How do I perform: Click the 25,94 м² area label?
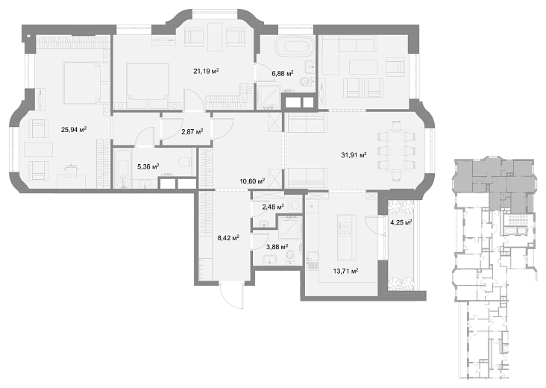point(74,130)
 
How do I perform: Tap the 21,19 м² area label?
point(206,72)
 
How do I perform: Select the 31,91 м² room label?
point(354,155)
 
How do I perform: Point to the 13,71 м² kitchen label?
point(346,271)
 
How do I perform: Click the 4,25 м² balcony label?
point(401,222)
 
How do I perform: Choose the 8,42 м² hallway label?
point(228,238)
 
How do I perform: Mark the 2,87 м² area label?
point(192,131)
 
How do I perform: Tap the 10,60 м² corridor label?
point(252,181)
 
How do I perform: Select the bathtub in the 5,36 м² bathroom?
point(123,168)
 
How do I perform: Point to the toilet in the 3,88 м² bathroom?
point(289,257)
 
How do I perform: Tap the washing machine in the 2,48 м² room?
point(295,204)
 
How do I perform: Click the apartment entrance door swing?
point(231,295)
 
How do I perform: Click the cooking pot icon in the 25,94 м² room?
point(71,170)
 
